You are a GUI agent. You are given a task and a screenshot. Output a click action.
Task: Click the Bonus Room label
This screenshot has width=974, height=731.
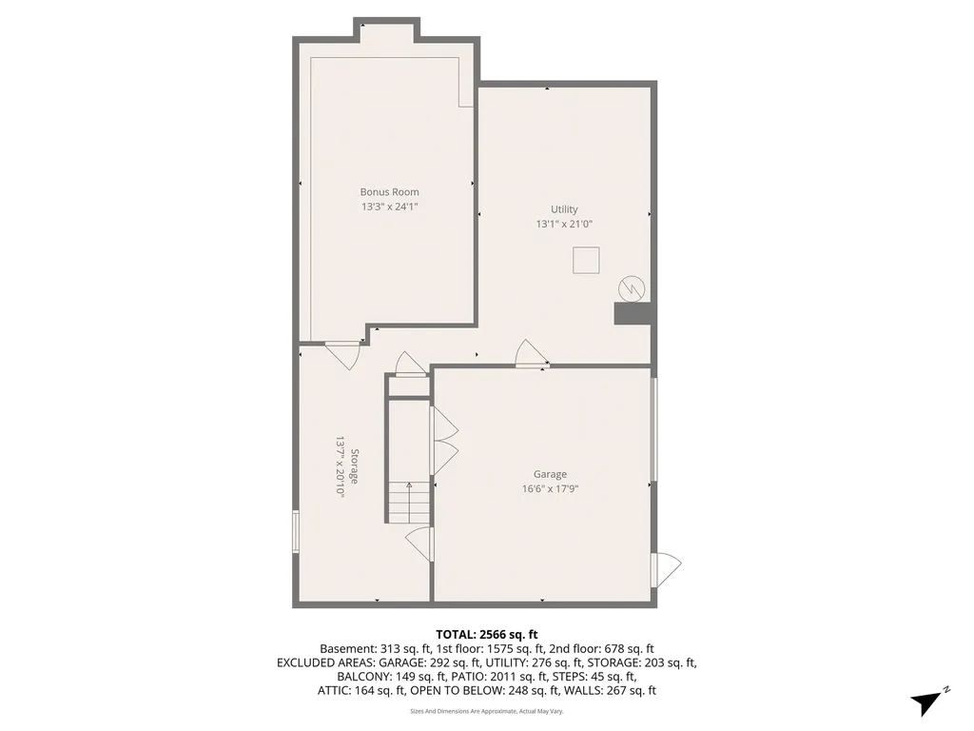click(389, 192)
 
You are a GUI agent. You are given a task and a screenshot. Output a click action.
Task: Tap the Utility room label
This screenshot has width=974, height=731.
click(564, 209)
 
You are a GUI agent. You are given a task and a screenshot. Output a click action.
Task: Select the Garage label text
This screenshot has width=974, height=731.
click(550, 474)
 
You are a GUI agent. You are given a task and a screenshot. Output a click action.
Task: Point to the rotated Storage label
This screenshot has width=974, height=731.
click(355, 466)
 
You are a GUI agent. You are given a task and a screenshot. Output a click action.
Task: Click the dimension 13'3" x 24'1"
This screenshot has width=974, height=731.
click(389, 207)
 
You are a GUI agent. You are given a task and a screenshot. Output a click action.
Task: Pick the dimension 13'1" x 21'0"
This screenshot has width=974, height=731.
click(564, 225)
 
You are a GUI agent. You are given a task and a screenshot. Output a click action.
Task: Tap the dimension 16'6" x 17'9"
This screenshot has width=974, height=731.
click(550, 488)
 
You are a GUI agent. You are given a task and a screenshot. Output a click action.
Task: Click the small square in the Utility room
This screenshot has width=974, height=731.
click(586, 260)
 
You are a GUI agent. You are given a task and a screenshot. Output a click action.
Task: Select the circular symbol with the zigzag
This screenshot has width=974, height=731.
click(632, 288)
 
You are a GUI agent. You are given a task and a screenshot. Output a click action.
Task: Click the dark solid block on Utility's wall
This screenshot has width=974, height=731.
click(633, 313)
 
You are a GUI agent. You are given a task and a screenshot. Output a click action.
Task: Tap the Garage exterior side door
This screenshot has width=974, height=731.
click(666, 569)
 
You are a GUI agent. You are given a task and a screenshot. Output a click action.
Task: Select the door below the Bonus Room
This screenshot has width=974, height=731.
click(342, 355)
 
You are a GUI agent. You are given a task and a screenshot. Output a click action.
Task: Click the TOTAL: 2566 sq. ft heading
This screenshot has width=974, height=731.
click(486, 635)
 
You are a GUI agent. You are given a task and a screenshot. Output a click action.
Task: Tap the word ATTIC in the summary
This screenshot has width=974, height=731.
click(334, 690)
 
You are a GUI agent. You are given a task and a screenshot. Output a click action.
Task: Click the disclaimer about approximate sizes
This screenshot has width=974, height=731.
click(486, 711)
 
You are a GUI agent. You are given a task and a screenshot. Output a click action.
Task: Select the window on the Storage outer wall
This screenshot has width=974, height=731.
click(296, 531)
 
